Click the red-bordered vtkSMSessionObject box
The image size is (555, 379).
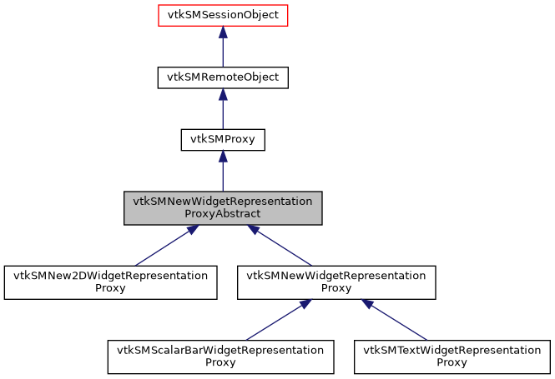(223, 16)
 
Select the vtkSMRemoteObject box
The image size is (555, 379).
(223, 78)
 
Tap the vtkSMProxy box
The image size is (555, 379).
(223, 140)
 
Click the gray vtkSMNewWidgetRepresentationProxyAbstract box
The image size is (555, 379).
(223, 208)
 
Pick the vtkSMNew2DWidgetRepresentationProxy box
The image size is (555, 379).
(111, 282)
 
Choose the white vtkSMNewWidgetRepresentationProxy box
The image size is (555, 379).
(336, 282)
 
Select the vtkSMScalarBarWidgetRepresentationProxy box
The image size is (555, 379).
(220, 357)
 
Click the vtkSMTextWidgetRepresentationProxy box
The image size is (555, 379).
(453, 357)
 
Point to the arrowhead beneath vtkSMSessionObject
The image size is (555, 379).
(223, 32)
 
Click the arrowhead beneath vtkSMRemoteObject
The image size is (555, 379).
(223, 95)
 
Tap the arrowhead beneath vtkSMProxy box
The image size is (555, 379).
(223, 157)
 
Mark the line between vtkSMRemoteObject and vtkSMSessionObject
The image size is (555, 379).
(223, 52)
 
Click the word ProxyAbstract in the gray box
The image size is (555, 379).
(223, 214)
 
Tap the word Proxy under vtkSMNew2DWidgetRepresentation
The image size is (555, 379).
(111, 289)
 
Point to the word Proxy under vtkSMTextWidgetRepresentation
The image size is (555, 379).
(453, 363)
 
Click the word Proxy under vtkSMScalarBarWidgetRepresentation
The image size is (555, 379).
(220, 363)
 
